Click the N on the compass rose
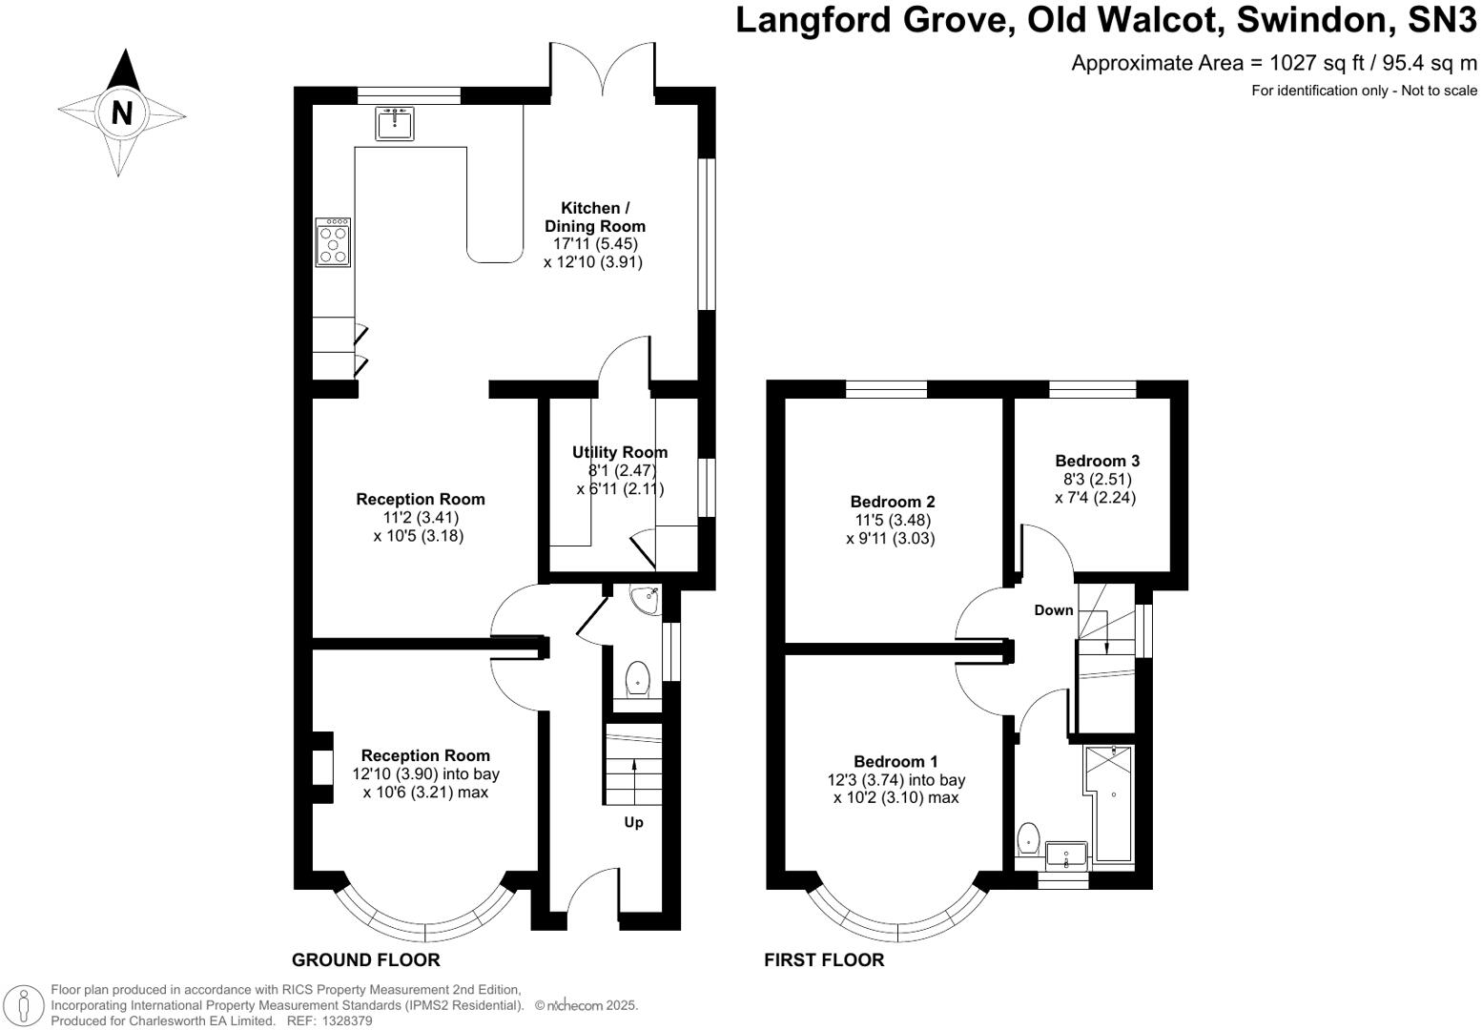coord(121,113)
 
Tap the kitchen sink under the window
coord(394,124)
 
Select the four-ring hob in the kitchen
coord(334,243)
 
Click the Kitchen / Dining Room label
coord(595,217)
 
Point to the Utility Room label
coord(620,452)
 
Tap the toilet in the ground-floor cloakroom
coord(637,681)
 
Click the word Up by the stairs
coord(633,822)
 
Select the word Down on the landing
coord(1054,610)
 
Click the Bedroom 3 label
coord(1098,461)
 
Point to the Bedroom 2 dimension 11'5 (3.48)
coord(892,520)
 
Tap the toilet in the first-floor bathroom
coord(1028,839)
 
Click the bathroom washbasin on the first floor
coord(1066,855)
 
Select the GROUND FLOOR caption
coord(365,959)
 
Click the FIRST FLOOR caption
coord(824,959)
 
